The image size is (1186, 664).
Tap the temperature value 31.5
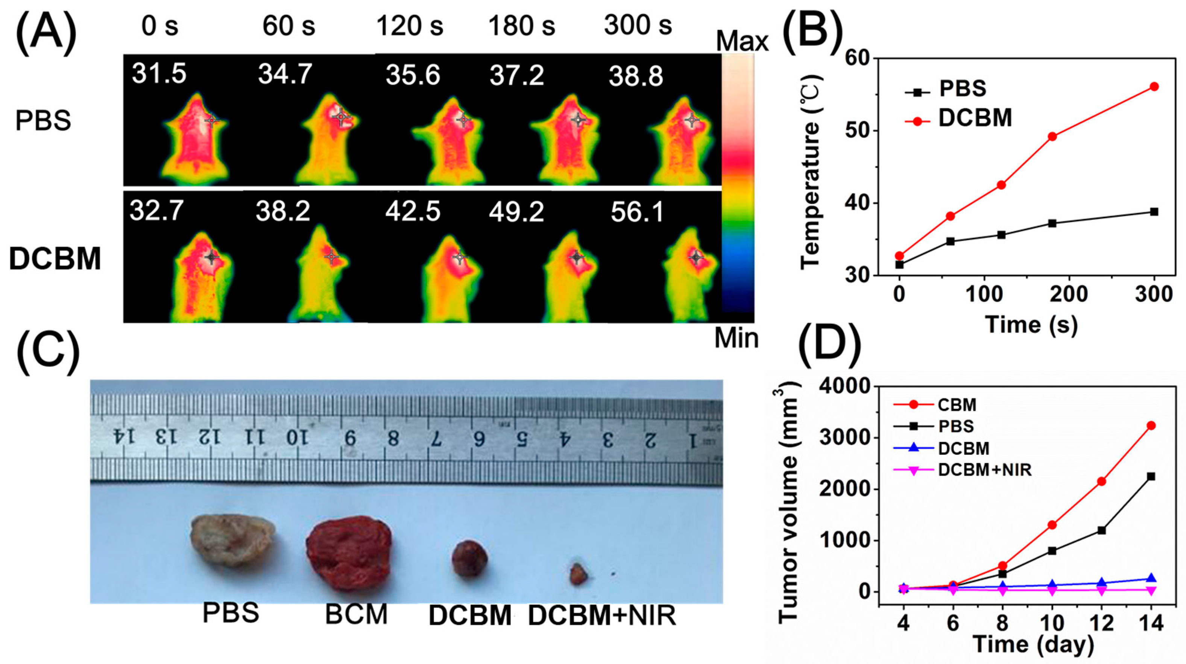click(x=159, y=74)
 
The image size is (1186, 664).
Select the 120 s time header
click(x=410, y=26)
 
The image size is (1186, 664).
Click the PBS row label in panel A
click(x=43, y=121)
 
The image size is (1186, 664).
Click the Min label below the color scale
click(x=736, y=339)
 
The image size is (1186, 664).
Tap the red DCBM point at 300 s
click(x=1154, y=87)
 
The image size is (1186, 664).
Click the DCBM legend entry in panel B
click(x=975, y=119)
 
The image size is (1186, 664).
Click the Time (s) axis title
click(x=1031, y=325)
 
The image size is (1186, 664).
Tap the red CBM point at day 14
click(x=1151, y=425)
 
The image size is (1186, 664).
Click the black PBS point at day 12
click(x=1102, y=530)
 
